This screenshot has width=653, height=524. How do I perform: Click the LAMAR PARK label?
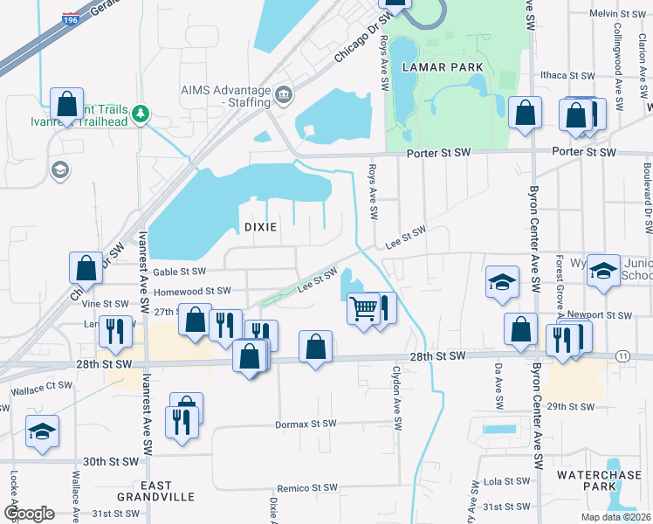coord(436,67)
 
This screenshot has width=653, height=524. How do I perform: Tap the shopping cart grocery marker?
coord(363,308)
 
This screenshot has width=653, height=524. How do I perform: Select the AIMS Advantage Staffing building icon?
coord(283,94)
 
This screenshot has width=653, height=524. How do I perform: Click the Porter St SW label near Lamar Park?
coord(438,153)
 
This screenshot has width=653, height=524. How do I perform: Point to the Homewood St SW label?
coord(192,291)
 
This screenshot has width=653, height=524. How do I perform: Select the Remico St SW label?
coord(306,489)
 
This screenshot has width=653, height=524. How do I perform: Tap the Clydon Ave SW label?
coord(398,409)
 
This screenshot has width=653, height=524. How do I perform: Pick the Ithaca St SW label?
coord(567,75)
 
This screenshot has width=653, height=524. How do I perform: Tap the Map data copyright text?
coord(616,516)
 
